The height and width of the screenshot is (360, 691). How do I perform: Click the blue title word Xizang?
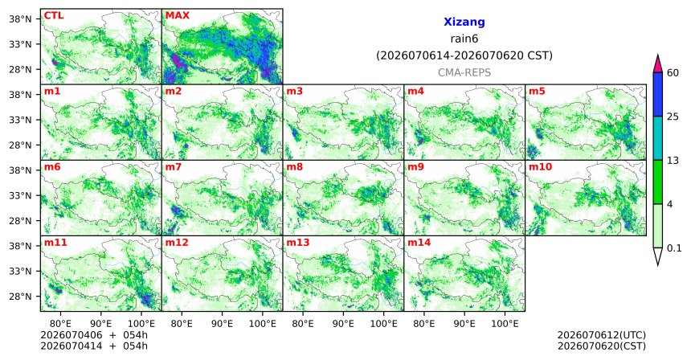[464, 22]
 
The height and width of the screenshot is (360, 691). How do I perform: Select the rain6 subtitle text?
[464, 39]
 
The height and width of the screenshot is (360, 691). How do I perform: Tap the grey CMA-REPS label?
[464, 72]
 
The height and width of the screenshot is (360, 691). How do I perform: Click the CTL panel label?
[54, 16]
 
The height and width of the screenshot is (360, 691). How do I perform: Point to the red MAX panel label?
[177, 16]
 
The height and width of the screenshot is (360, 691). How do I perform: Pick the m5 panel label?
[537, 92]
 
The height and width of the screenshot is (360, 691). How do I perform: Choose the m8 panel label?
[294, 167]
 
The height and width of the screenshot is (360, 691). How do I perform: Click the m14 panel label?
[418, 243]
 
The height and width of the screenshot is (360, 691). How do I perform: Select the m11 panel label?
[54, 243]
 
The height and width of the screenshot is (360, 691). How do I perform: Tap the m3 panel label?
[294, 92]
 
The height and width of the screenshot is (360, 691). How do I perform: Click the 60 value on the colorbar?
[673, 73]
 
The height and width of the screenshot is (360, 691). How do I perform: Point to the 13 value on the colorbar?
[673, 161]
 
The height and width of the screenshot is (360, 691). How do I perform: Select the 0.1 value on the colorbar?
[674, 248]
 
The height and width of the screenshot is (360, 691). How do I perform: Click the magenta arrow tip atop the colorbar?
[657, 55]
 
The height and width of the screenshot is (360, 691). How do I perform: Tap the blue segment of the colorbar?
[657, 94]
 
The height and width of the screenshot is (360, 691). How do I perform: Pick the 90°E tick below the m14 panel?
[464, 325]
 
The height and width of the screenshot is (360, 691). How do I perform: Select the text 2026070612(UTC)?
[602, 336]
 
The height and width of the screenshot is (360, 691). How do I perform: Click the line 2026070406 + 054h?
[94, 336]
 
